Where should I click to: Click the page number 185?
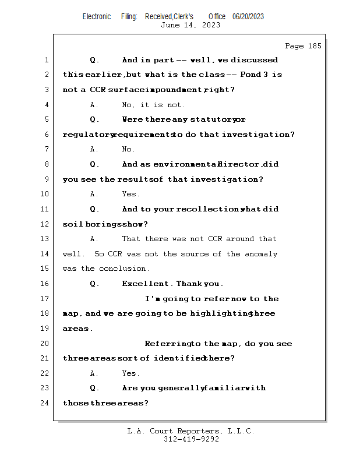point(314,46)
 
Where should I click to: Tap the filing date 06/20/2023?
point(248,17)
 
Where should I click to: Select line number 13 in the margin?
point(45,239)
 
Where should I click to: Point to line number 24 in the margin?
point(45,403)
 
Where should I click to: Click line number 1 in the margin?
point(46,60)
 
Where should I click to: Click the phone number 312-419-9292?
point(191,440)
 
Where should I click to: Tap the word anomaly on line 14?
point(260,254)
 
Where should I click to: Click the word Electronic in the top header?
point(97,17)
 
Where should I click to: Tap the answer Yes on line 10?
point(130,194)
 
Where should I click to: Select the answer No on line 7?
point(128,150)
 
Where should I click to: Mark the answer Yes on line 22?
point(130,373)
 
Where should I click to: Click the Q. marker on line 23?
point(94,388)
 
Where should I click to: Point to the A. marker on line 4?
point(94,105)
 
